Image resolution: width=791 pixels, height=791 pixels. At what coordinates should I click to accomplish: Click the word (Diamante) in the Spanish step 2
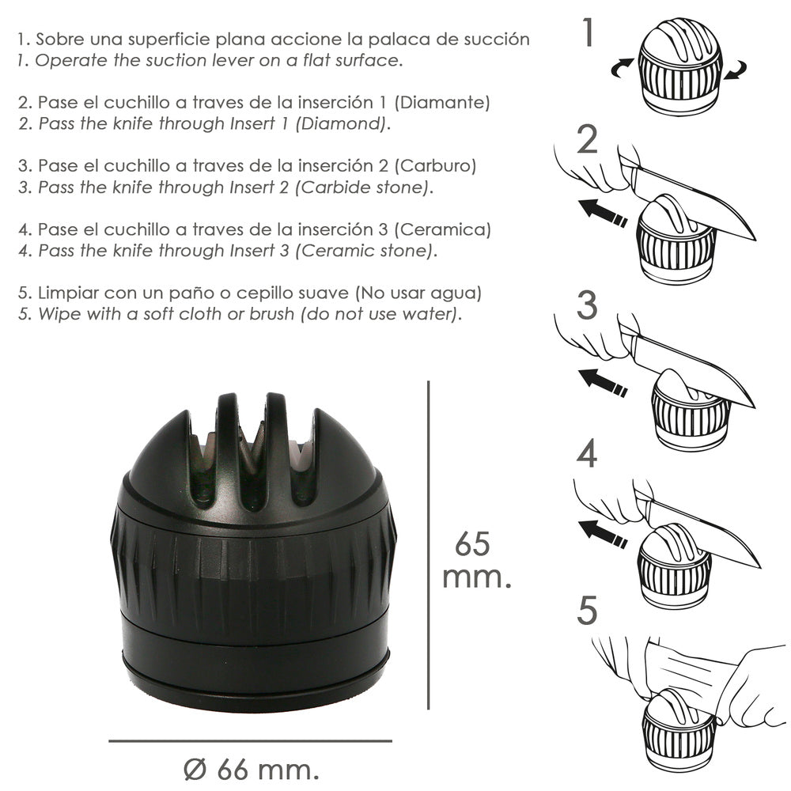442,102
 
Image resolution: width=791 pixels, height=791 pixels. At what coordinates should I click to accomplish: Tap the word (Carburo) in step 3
435,166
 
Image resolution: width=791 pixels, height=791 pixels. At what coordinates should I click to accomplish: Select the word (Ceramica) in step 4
442,229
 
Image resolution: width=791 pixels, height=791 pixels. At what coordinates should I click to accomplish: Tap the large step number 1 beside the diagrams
588,32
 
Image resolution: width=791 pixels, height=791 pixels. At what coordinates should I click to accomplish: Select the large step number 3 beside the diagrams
587,305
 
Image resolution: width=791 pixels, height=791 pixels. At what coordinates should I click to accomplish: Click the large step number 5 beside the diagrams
587,611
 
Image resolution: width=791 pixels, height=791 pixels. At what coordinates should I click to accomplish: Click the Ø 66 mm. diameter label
252,770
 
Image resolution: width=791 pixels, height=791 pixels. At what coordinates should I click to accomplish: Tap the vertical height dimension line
428,545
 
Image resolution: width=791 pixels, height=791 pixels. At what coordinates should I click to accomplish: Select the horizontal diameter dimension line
250,741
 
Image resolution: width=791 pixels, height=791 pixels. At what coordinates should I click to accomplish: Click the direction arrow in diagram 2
602,213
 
